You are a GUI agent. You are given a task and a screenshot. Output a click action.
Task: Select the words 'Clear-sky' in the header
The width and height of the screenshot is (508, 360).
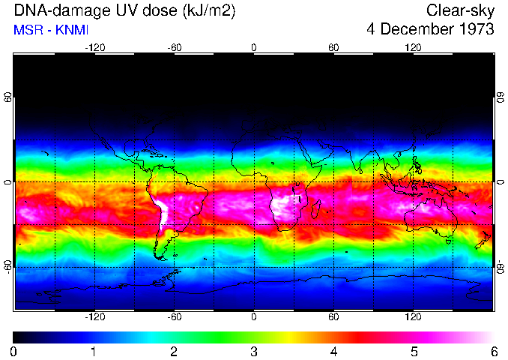click(x=460, y=11)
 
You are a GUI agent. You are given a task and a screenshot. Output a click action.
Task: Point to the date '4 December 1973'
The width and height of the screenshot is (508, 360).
click(x=431, y=30)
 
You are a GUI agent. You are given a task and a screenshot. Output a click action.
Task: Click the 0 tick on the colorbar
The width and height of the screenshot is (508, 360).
click(x=14, y=351)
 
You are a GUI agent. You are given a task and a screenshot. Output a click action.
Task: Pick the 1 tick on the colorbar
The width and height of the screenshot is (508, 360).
click(x=94, y=351)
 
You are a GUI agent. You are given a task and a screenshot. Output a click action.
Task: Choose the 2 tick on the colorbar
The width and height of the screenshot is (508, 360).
click(x=174, y=351)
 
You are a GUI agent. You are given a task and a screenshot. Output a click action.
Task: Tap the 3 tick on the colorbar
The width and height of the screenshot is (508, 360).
click(x=254, y=351)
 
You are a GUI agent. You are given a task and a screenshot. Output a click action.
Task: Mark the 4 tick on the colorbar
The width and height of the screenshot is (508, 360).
click(x=333, y=351)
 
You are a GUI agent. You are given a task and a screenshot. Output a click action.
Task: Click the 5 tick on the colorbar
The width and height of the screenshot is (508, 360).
click(x=414, y=351)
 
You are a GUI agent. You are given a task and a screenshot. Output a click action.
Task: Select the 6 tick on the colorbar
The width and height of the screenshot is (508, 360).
click(x=493, y=351)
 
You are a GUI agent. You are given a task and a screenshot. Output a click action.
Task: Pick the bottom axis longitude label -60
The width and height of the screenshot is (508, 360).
click(x=174, y=317)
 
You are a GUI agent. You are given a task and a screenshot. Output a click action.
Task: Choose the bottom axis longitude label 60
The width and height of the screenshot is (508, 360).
click(x=333, y=317)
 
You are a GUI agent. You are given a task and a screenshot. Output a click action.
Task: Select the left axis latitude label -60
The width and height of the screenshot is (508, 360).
click(x=8, y=266)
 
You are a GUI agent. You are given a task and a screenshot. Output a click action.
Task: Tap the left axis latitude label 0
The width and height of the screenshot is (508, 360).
click(x=8, y=182)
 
